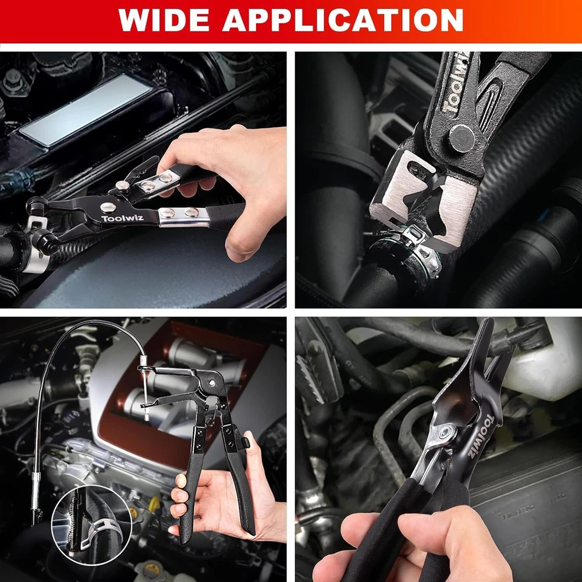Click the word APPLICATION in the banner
click(343, 20)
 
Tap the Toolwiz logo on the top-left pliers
click(122, 218)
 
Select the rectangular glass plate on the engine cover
click(86, 110)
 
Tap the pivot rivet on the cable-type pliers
click(212, 382)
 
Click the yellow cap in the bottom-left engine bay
click(154, 504)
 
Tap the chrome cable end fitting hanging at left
click(36, 498)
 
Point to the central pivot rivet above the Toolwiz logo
click(108, 207)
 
